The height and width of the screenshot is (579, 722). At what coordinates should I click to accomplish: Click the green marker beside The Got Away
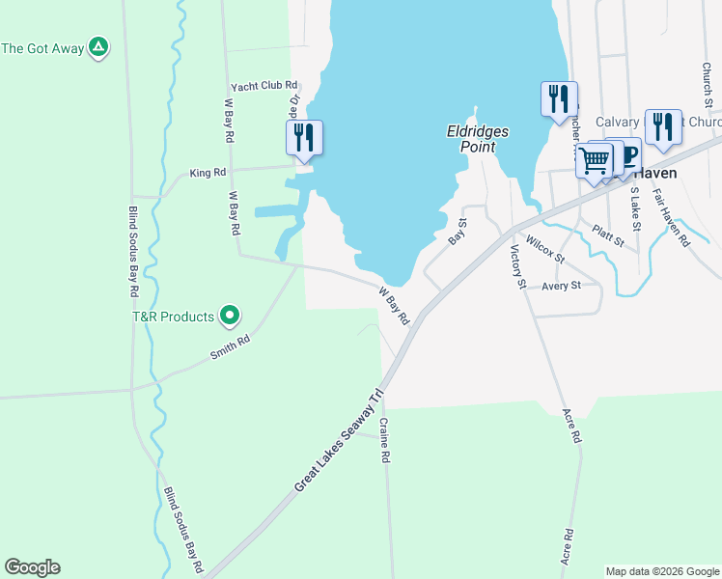point(97,47)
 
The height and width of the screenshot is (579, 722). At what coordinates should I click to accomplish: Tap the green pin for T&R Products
point(230,315)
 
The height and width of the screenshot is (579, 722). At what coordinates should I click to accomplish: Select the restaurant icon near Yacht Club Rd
point(304,137)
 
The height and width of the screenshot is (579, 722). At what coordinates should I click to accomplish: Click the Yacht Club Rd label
point(264,86)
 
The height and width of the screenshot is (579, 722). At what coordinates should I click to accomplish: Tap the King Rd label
point(208,173)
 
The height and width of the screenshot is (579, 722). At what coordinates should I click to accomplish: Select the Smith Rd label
point(230,347)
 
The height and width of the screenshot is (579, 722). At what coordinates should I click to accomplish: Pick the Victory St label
point(516,267)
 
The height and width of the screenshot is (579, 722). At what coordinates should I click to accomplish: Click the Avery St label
point(561,286)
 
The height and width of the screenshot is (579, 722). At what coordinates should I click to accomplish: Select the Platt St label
point(609,233)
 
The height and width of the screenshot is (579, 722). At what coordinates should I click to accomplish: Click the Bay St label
point(457,232)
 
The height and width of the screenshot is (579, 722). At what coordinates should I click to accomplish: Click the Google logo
point(32,567)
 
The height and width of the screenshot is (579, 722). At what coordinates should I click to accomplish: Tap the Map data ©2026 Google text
point(661,571)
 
